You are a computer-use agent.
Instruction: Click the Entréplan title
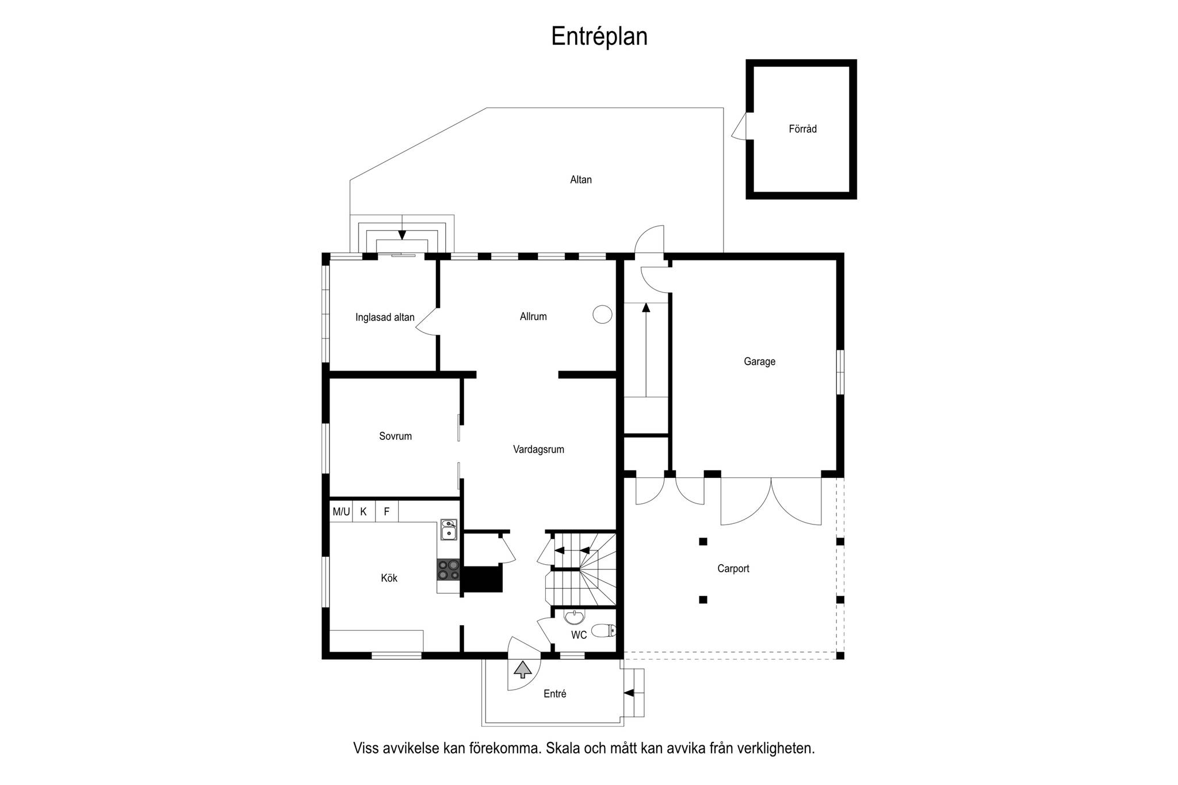point(599,37)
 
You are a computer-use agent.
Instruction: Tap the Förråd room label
point(802,129)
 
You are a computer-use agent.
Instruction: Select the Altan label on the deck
point(581,179)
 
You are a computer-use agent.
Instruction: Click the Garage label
point(759,362)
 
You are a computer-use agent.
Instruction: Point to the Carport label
point(733,569)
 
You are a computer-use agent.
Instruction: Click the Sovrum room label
point(395,436)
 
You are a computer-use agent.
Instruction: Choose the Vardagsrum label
point(538,450)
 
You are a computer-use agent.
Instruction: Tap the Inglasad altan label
point(385,317)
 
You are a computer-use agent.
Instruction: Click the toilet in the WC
point(603,630)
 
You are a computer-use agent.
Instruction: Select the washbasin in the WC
point(574,617)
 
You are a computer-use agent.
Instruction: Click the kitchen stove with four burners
point(448,569)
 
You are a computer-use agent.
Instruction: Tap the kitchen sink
point(449,530)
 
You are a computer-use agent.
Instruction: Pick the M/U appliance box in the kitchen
point(341,511)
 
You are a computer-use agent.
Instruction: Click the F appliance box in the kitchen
point(387,511)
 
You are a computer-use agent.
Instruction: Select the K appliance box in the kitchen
point(364,511)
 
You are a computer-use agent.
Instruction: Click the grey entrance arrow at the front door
point(522,669)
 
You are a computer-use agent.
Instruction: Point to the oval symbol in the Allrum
point(602,314)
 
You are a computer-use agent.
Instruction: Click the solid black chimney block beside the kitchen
point(483,579)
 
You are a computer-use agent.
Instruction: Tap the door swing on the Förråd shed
point(739,126)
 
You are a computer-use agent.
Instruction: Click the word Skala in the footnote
point(564,748)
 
